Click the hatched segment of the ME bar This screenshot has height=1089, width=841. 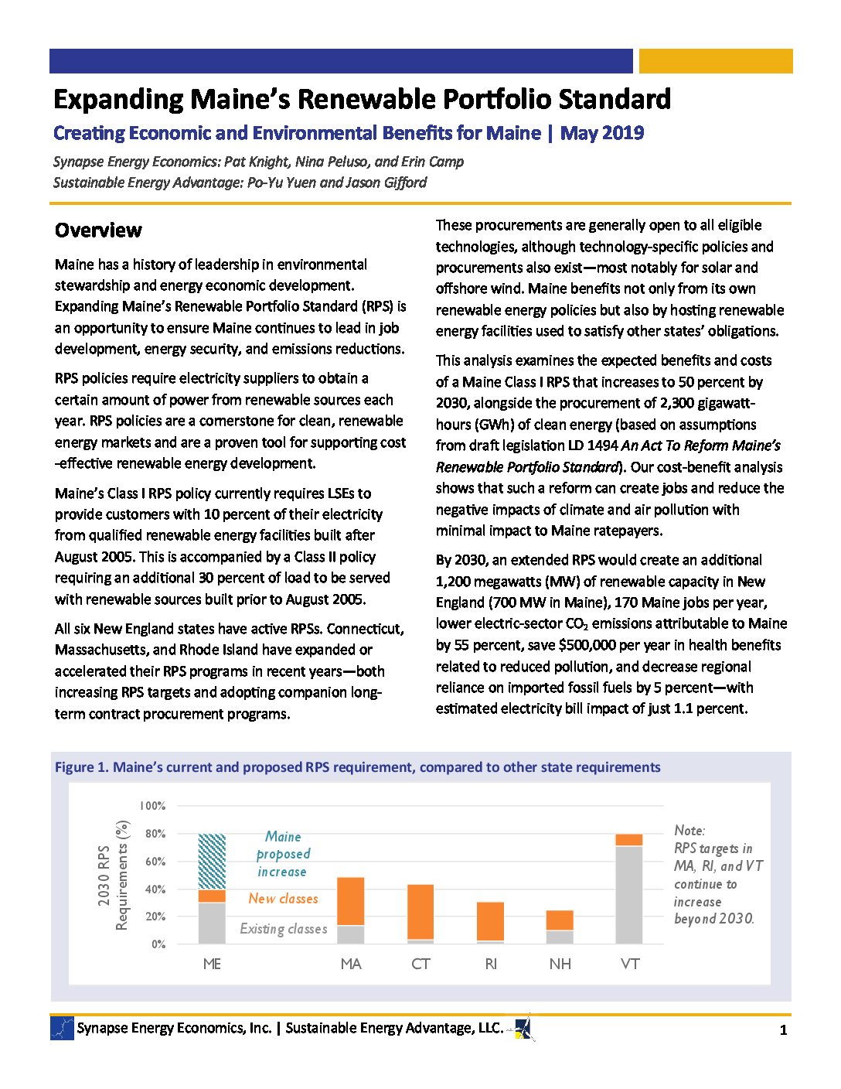[212, 862]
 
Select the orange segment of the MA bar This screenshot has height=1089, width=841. [351, 901]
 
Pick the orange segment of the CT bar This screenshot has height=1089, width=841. [420, 912]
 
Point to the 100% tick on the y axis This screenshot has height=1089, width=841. [153, 806]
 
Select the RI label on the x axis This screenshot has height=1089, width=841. [491, 964]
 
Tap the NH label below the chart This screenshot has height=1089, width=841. [560, 964]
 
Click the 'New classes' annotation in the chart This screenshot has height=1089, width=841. [283, 899]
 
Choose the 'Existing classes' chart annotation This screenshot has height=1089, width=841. [283, 929]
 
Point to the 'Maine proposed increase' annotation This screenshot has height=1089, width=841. [283, 854]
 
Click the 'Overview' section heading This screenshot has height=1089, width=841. [98, 230]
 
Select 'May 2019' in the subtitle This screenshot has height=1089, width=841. [602, 133]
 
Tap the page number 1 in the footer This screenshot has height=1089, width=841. [783, 1030]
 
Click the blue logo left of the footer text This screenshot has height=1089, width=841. [62, 1028]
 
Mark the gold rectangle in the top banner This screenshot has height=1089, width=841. [716, 61]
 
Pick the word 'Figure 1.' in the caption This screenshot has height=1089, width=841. [81, 767]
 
